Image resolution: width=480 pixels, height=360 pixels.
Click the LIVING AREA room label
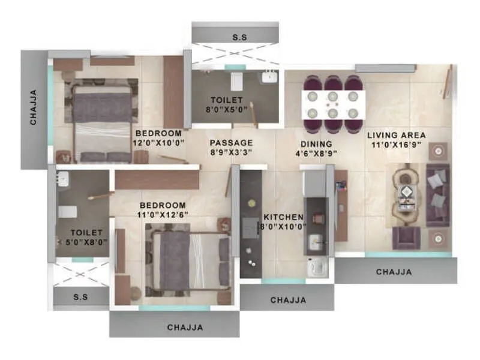click(x=397, y=135)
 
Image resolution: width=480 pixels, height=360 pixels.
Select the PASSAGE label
click(x=231, y=143)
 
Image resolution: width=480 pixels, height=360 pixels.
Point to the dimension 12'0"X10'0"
click(x=159, y=143)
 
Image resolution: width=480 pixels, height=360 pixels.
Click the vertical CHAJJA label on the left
click(x=34, y=107)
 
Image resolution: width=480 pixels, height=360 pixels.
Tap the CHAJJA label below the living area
click(x=394, y=272)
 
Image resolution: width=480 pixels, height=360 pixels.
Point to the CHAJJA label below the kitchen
click(x=288, y=300)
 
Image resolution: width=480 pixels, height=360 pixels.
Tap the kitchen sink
click(x=315, y=242)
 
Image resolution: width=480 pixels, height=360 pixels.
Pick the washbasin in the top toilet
click(x=268, y=76)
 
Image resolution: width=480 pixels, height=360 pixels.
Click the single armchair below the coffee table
click(x=406, y=238)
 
